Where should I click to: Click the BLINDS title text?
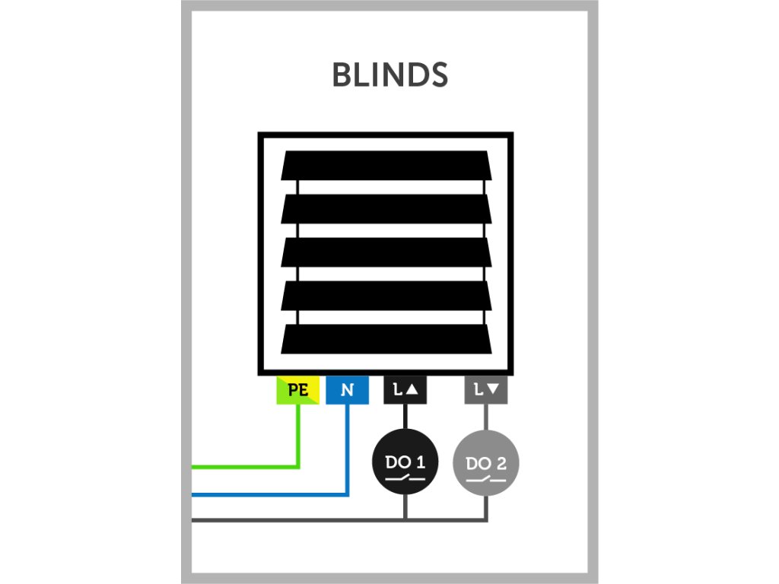pyautogui.click(x=389, y=75)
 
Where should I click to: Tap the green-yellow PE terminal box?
pyautogui.click(x=297, y=390)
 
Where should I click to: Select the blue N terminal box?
pyautogui.click(x=347, y=390)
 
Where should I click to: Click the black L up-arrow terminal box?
pyautogui.click(x=405, y=390)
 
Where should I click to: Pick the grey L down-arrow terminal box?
pyautogui.click(x=486, y=390)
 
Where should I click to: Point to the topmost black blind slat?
pyautogui.click(x=386, y=165)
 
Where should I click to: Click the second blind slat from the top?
pyautogui.click(x=386, y=208)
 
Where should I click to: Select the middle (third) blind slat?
pyautogui.click(x=386, y=252)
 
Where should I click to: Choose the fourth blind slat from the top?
pyautogui.click(x=386, y=295)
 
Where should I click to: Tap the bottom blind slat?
pyautogui.click(x=386, y=338)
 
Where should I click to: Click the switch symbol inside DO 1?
pyautogui.click(x=405, y=479)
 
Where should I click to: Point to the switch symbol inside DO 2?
pyautogui.click(x=486, y=479)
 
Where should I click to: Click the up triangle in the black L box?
pyautogui.click(x=413, y=391)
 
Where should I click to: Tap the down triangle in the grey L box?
pyautogui.click(x=494, y=391)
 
